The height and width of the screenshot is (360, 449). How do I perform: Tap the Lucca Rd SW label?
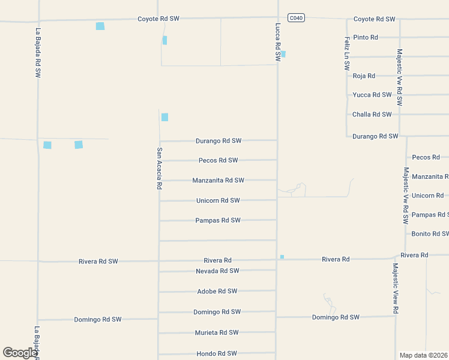pos(278,42)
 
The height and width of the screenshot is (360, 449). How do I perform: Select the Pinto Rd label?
pos(365,37)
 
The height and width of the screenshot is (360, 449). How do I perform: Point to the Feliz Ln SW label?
pos(347,54)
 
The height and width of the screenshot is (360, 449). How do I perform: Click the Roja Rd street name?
pos(364,76)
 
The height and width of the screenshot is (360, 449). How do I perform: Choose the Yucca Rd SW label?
pos(372,95)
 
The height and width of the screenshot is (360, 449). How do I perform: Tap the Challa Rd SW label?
pos(372,115)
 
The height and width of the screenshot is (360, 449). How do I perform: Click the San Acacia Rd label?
pos(160,169)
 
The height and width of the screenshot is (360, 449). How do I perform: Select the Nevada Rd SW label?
pos(217,271)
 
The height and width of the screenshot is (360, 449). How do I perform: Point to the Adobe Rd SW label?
pos(217,292)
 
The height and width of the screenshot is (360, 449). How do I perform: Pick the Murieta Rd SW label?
pos(217,332)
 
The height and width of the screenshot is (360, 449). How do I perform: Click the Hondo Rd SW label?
pos(217,354)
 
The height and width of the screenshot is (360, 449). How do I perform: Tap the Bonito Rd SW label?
pos(429,234)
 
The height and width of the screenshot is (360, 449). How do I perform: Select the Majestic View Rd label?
pos(396,289)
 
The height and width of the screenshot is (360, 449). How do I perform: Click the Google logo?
pos(20,353)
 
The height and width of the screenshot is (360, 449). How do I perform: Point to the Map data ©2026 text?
pos(423,355)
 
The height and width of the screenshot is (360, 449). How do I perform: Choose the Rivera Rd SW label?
pos(98,262)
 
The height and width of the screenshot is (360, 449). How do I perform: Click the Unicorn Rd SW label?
pos(218,200)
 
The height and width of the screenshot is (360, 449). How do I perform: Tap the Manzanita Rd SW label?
pos(218,180)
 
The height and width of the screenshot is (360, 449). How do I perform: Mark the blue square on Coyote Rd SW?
pos(100,26)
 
